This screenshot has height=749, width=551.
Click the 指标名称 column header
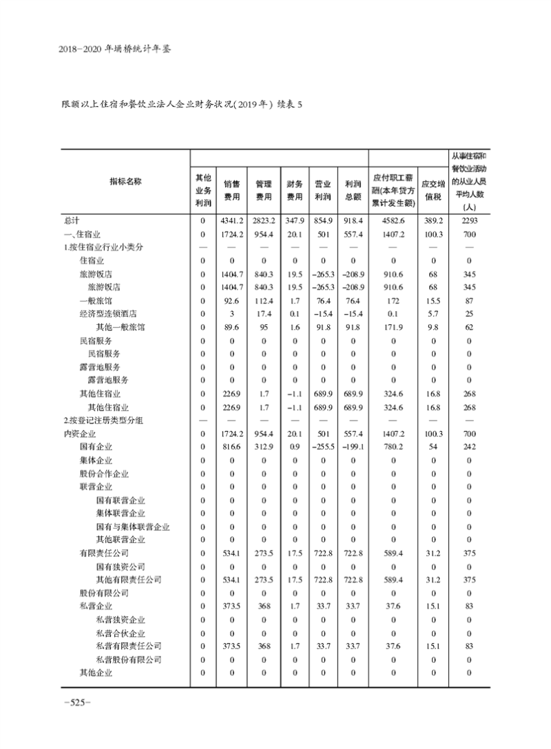point(125,181)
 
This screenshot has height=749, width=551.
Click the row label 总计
point(72,220)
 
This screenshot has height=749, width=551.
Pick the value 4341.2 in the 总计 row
point(231,220)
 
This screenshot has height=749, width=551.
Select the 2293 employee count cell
point(468,220)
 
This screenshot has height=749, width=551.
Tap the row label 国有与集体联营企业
point(133,527)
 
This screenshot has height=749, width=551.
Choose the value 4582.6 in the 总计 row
point(393,220)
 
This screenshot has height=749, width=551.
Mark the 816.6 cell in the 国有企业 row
point(231,447)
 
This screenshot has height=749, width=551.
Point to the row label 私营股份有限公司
point(129,660)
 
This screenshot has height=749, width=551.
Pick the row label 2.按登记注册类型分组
point(103,421)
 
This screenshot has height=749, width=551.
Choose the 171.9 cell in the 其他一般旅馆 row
point(393,327)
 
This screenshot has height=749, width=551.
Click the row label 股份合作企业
point(104,474)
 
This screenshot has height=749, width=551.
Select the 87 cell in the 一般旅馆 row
point(468,301)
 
